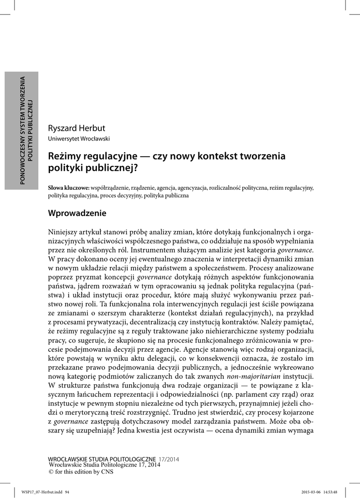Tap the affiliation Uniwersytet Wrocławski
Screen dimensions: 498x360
[78, 139]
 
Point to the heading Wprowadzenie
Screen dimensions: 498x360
[77, 213]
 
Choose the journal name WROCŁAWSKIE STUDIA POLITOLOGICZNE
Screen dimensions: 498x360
[102, 459]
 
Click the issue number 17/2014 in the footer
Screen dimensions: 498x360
[169, 459]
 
